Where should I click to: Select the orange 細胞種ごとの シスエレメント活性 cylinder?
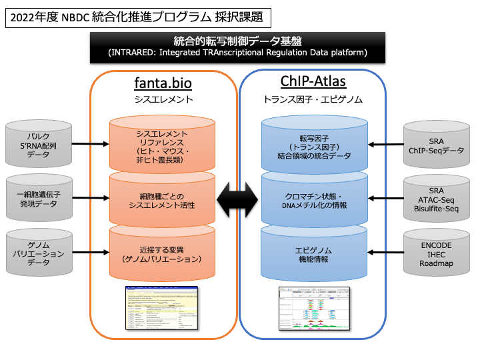tap(163, 199)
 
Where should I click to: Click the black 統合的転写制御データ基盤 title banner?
tap(238, 46)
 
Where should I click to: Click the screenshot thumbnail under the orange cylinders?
tap(163, 307)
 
